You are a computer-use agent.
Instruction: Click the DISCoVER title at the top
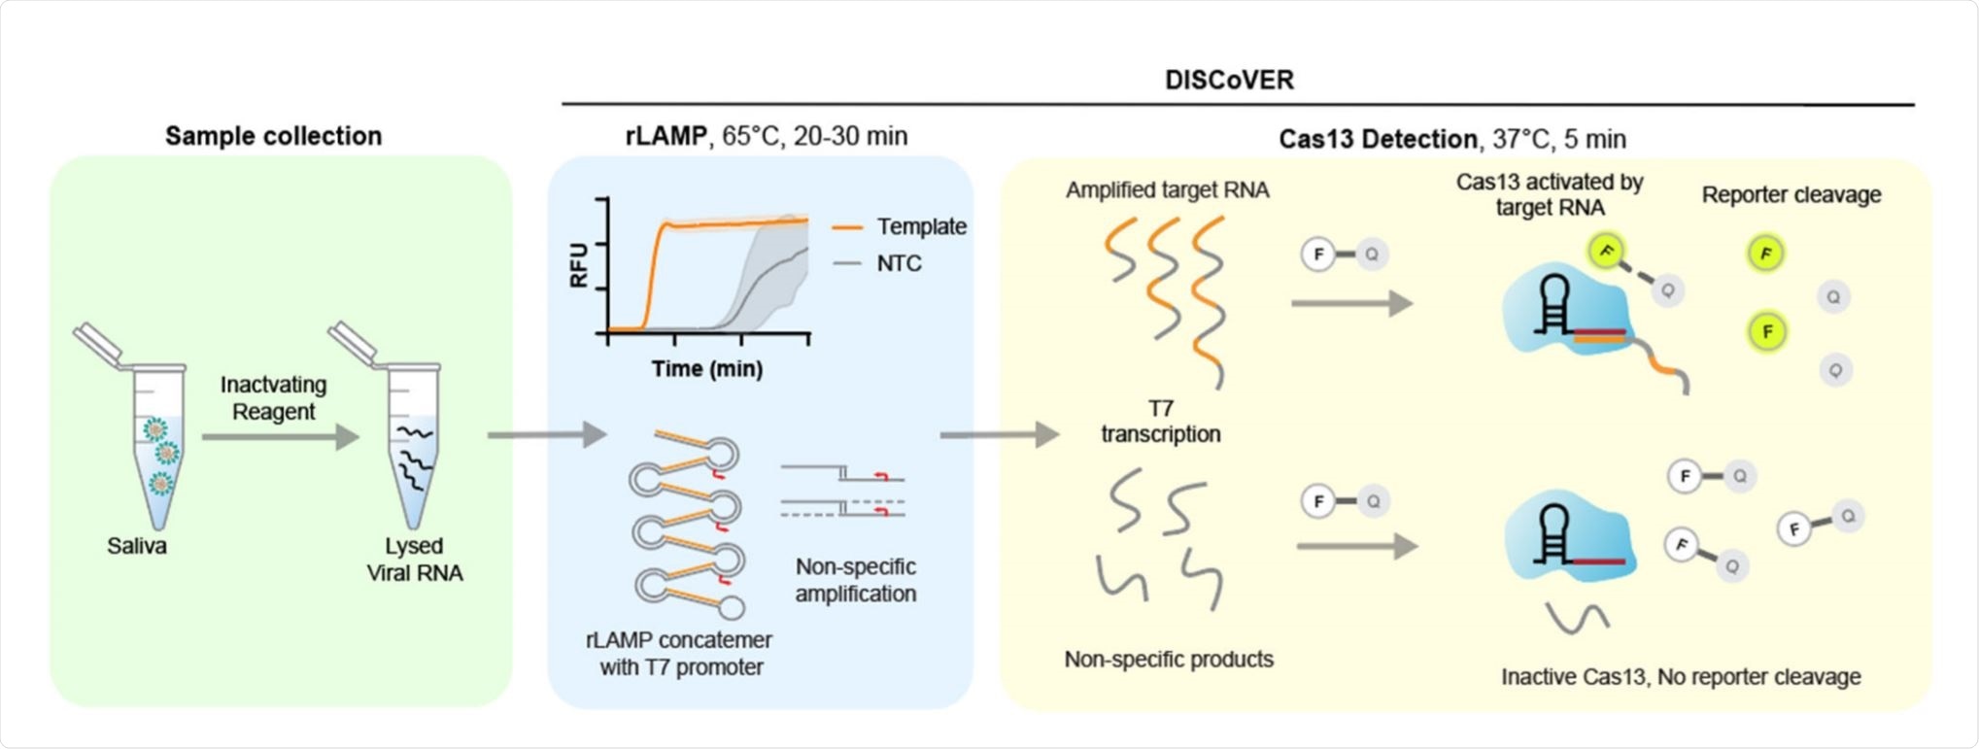point(1229,80)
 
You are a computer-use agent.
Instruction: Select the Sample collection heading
point(273,136)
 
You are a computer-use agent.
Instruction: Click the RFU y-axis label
point(579,264)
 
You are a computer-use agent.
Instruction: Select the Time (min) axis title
point(707,369)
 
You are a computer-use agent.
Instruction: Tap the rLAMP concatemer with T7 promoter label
point(680,654)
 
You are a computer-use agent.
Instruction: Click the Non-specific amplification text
point(855,580)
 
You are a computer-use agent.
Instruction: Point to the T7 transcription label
point(1161,422)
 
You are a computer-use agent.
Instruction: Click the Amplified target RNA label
point(1167,190)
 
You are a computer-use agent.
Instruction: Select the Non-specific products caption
point(1169,660)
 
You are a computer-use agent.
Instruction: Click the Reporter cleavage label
point(1791,195)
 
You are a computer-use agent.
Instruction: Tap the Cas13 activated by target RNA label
point(1550,194)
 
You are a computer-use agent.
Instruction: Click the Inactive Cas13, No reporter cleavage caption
point(1681,677)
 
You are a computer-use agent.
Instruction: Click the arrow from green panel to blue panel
point(546,434)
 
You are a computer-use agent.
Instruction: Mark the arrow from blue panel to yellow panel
point(999,434)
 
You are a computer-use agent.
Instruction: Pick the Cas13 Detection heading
point(1451,139)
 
